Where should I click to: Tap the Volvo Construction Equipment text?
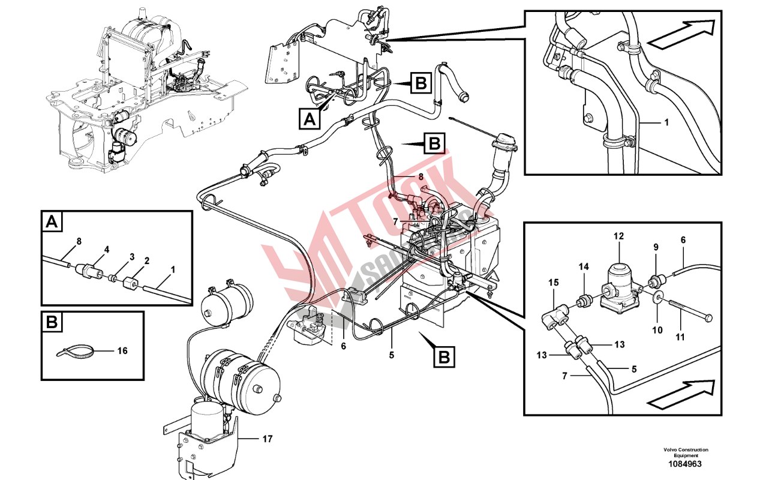click(x=686, y=452)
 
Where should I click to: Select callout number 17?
click(x=266, y=439)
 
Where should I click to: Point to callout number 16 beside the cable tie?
click(x=122, y=351)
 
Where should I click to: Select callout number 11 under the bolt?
click(x=680, y=337)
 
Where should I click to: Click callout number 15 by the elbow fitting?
click(x=554, y=281)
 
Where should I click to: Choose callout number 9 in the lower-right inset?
click(x=656, y=247)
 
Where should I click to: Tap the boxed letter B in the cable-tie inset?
click(x=52, y=323)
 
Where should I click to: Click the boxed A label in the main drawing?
click(x=309, y=120)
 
